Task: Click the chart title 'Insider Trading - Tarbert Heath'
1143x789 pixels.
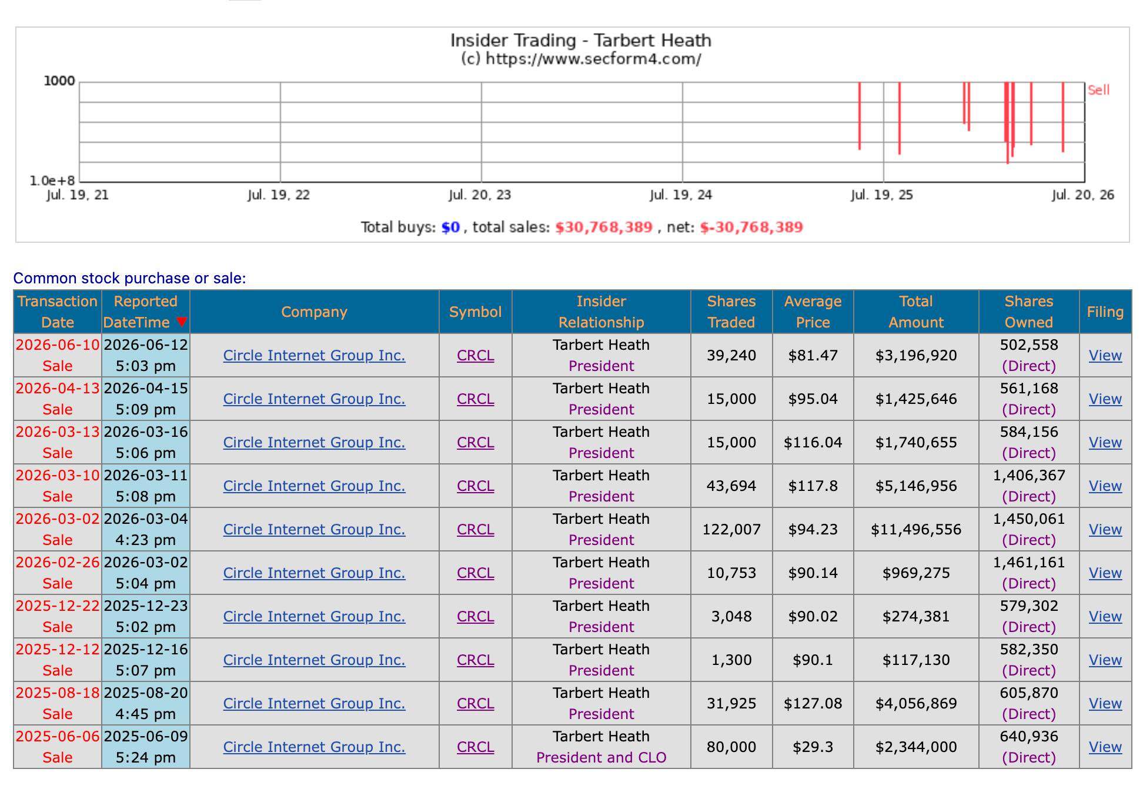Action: coord(580,41)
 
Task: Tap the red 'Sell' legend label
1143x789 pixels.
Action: coord(1098,90)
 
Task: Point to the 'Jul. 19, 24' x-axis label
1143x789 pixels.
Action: coord(680,195)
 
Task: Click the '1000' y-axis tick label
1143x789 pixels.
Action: coord(59,81)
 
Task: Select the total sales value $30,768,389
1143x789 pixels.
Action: coord(604,228)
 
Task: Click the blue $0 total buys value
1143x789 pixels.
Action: coord(450,228)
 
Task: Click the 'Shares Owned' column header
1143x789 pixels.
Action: coord(1028,312)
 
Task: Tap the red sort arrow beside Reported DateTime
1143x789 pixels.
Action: coord(182,322)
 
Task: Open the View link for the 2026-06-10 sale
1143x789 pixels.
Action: coord(1105,355)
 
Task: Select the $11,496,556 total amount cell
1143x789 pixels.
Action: coord(915,529)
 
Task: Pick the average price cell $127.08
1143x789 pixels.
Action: coord(813,703)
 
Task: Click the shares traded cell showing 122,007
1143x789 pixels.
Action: coord(731,529)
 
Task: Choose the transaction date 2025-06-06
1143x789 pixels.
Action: coord(58,736)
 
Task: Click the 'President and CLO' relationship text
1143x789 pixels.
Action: coord(601,757)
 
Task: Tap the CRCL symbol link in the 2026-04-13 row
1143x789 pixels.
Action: coord(475,399)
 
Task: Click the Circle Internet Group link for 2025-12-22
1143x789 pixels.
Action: coord(314,616)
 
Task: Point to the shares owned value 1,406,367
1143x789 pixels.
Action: coord(1028,475)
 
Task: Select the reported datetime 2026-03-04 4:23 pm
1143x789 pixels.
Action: coord(145,529)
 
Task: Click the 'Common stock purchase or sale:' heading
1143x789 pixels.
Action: coord(129,278)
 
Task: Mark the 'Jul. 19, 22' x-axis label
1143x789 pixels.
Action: coord(278,195)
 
